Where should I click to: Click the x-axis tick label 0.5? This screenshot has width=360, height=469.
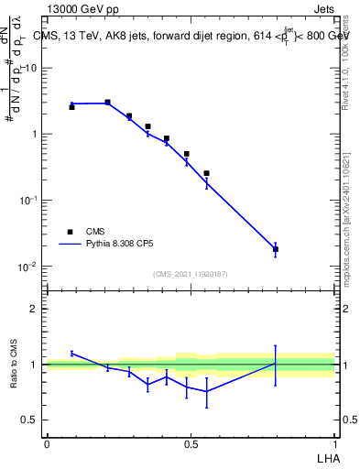190,444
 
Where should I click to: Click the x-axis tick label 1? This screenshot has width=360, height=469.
334,444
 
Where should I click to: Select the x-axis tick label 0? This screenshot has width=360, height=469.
47,444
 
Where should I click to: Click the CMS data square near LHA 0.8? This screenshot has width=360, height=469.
276,249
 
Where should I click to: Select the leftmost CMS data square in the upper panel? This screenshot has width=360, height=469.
71,107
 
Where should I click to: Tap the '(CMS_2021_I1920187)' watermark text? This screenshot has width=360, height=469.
190,273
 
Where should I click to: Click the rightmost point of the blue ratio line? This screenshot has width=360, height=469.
276,364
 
